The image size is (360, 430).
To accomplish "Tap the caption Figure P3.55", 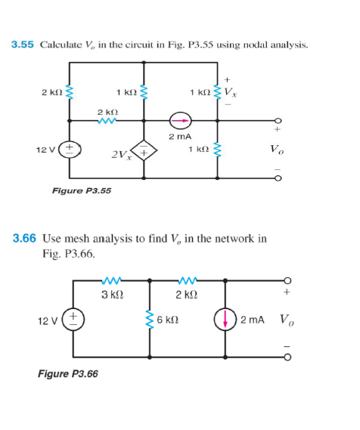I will pyautogui.click(x=81, y=190).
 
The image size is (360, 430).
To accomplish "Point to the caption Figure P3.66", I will pyautogui.click(x=68, y=373).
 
